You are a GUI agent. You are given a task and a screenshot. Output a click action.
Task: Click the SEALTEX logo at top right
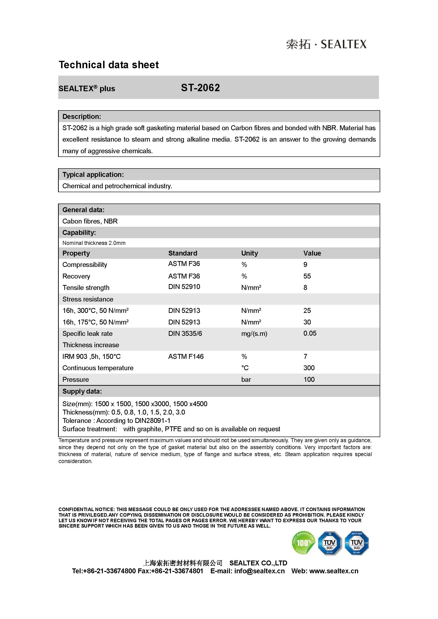(326, 44)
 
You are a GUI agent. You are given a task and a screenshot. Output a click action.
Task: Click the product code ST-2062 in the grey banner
(200, 88)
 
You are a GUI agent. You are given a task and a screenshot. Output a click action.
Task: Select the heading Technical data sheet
(109, 65)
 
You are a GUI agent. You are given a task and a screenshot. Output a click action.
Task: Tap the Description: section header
(82, 117)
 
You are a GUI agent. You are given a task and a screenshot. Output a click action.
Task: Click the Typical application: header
(93, 175)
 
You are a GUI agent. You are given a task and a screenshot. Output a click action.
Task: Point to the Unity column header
(249, 253)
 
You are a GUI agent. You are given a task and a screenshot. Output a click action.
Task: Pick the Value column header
(312, 253)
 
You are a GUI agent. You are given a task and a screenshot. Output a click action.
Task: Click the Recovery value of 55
(307, 276)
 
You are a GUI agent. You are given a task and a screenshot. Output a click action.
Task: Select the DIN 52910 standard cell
(184, 287)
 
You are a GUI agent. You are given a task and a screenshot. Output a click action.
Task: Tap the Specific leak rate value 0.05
(310, 333)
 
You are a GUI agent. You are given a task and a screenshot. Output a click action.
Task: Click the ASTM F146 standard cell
(186, 356)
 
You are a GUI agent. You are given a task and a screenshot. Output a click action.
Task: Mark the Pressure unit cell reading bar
(246, 380)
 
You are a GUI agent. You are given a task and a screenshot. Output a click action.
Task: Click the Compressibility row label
(85, 265)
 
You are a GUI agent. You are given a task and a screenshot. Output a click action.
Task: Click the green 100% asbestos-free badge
(303, 543)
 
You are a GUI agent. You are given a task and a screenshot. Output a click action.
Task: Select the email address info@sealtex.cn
(259, 571)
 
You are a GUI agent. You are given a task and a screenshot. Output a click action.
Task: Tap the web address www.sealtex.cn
(334, 571)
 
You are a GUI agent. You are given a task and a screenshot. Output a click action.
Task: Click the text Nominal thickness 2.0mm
(94, 243)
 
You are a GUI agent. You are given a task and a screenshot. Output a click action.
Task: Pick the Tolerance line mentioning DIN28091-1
(116, 421)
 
